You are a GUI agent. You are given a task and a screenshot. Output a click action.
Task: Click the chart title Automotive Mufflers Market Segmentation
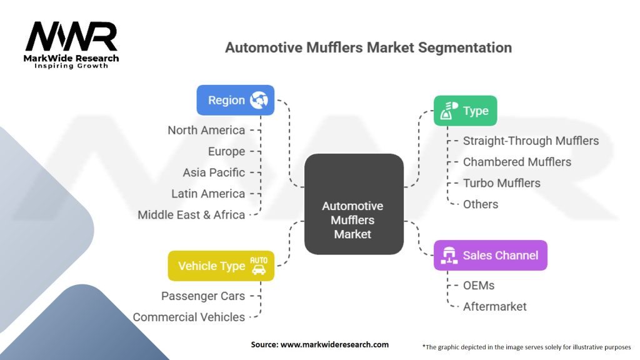coord(368,47)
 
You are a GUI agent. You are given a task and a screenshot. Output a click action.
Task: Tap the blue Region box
coord(235,100)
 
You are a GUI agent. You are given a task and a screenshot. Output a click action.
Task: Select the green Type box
coord(465,111)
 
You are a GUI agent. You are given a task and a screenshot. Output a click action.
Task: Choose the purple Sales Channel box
coord(490,255)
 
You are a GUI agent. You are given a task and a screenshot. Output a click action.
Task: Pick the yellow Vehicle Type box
coord(221,266)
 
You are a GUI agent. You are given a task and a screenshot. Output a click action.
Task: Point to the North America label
coord(206,130)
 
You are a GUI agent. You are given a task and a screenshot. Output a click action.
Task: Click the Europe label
coord(226,151)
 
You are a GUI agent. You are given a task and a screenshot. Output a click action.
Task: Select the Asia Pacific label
coord(214,172)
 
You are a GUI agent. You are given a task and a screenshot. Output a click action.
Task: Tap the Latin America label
coord(208,194)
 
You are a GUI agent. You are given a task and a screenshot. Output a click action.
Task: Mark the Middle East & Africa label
coord(191,214)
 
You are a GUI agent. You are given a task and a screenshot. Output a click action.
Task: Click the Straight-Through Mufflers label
coord(531,141)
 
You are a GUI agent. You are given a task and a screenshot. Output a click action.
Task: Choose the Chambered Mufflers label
coord(517,162)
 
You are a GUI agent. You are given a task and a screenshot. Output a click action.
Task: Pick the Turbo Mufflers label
coord(501,183)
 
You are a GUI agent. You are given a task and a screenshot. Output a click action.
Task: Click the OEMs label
coord(478,285)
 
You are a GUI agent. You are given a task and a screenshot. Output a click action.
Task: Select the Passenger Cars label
coord(203,296)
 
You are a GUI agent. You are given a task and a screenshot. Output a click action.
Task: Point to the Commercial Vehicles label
coord(189,317)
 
